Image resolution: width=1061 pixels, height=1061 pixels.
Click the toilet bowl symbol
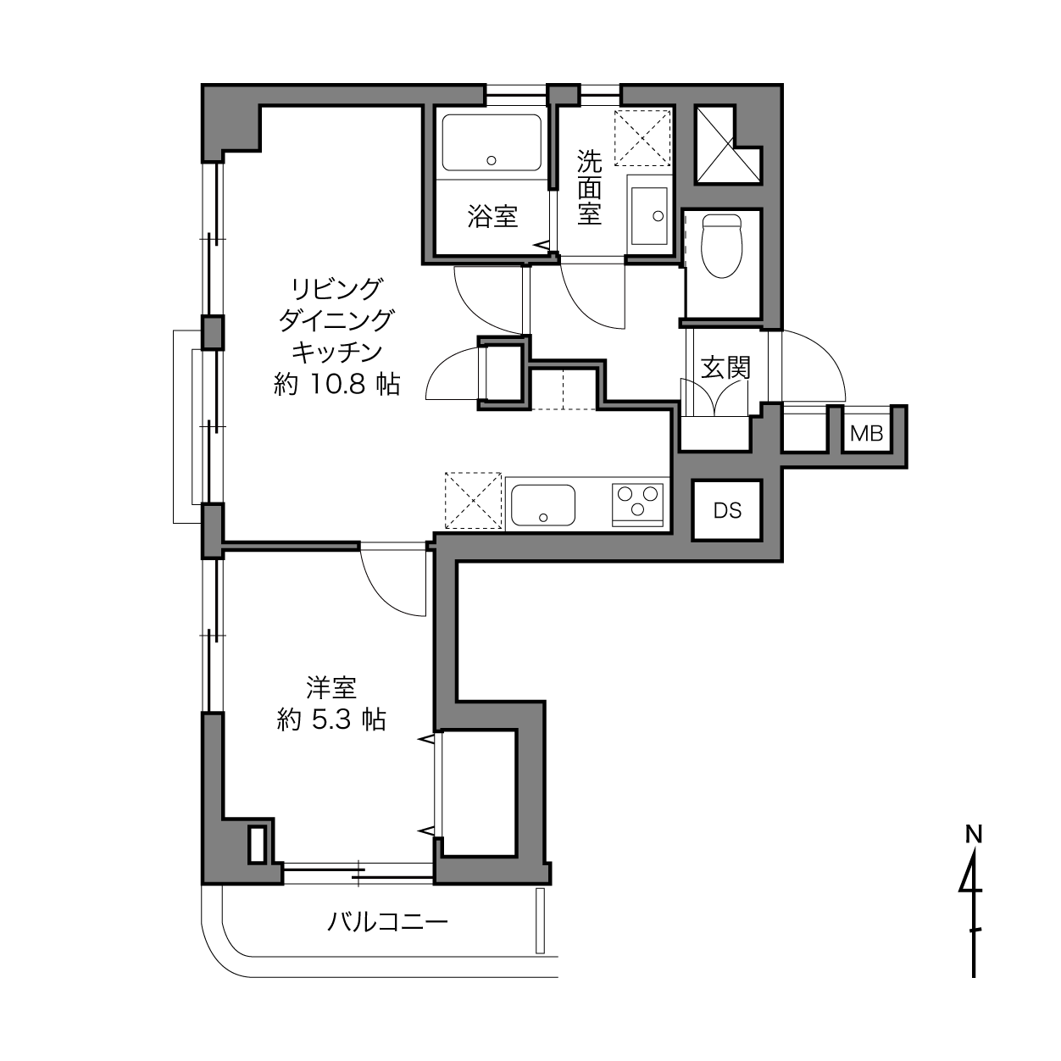point(721,246)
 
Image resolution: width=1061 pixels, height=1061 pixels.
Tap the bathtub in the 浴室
point(492,142)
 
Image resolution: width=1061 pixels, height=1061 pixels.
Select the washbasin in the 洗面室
point(649,216)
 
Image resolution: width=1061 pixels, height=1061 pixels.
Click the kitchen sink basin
point(543,505)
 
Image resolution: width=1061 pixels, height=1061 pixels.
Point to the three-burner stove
point(637,504)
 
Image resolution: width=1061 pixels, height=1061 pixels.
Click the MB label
point(867,434)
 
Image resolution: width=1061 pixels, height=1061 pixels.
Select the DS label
point(727,510)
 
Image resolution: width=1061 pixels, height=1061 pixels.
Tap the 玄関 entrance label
point(725,368)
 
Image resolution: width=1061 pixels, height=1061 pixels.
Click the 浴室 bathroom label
point(492,216)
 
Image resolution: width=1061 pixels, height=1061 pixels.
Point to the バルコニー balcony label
point(387,921)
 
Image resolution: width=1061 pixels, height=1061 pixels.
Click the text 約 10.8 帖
point(337,384)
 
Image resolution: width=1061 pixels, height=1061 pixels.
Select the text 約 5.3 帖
point(331,719)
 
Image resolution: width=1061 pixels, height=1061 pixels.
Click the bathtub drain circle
point(492,161)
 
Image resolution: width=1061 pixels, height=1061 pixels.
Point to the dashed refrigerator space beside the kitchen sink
point(474,501)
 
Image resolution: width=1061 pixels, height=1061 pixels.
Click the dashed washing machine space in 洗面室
point(642,137)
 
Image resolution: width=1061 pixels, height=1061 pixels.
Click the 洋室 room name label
point(331,687)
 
